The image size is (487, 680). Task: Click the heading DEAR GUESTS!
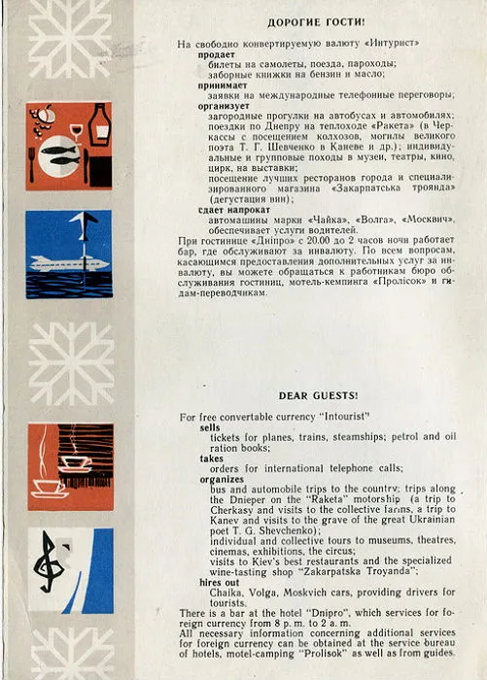point(318,395)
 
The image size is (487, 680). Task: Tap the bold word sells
point(210,426)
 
